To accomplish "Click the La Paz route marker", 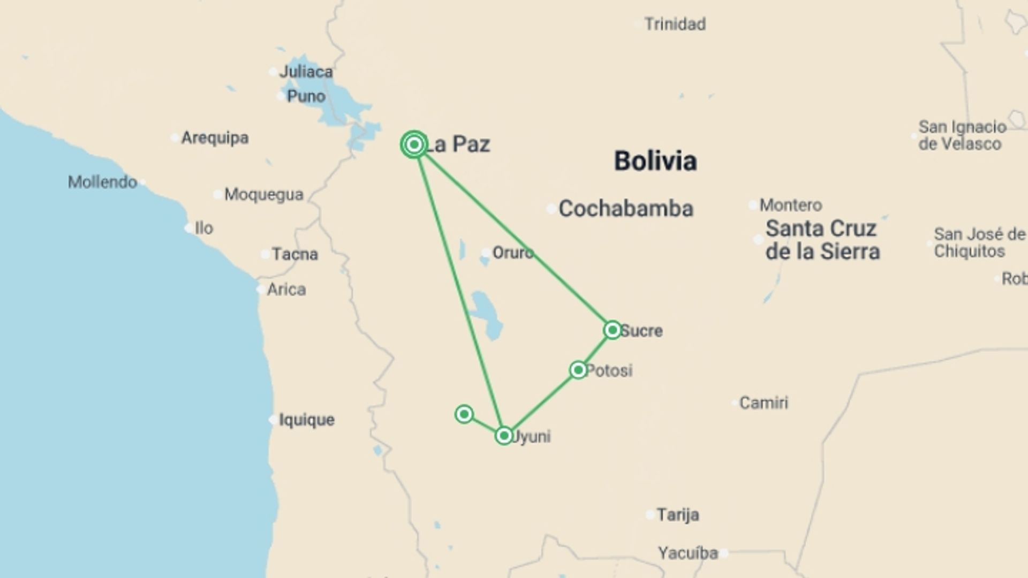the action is click(x=414, y=144).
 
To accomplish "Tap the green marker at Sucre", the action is click(x=612, y=330).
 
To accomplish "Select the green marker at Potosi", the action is click(x=578, y=370).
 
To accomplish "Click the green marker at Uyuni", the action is click(x=504, y=436).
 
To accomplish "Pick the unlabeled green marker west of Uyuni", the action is click(x=464, y=414).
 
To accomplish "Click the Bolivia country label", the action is click(x=655, y=161).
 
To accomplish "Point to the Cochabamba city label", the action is click(x=625, y=209).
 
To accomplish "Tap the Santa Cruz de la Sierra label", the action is click(x=822, y=240).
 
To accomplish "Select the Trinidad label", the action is click(x=675, y=24).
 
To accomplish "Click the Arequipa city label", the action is click(x=215, y=138).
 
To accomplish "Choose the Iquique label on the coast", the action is click(x=306, y=420).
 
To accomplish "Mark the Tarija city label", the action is click(x=677, y=515).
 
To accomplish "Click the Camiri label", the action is click(x=764, y=402).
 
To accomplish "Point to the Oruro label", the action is click(x=512, y=253).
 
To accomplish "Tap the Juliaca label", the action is click(x=306, y=72).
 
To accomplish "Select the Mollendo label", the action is click(x=102, y=182).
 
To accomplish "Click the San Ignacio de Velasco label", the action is click(x=962, y=135).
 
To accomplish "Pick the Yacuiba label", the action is click(x=687, y=553).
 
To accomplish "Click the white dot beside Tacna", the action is click(x=265, y=254).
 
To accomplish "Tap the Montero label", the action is click(x=790, y=205).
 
